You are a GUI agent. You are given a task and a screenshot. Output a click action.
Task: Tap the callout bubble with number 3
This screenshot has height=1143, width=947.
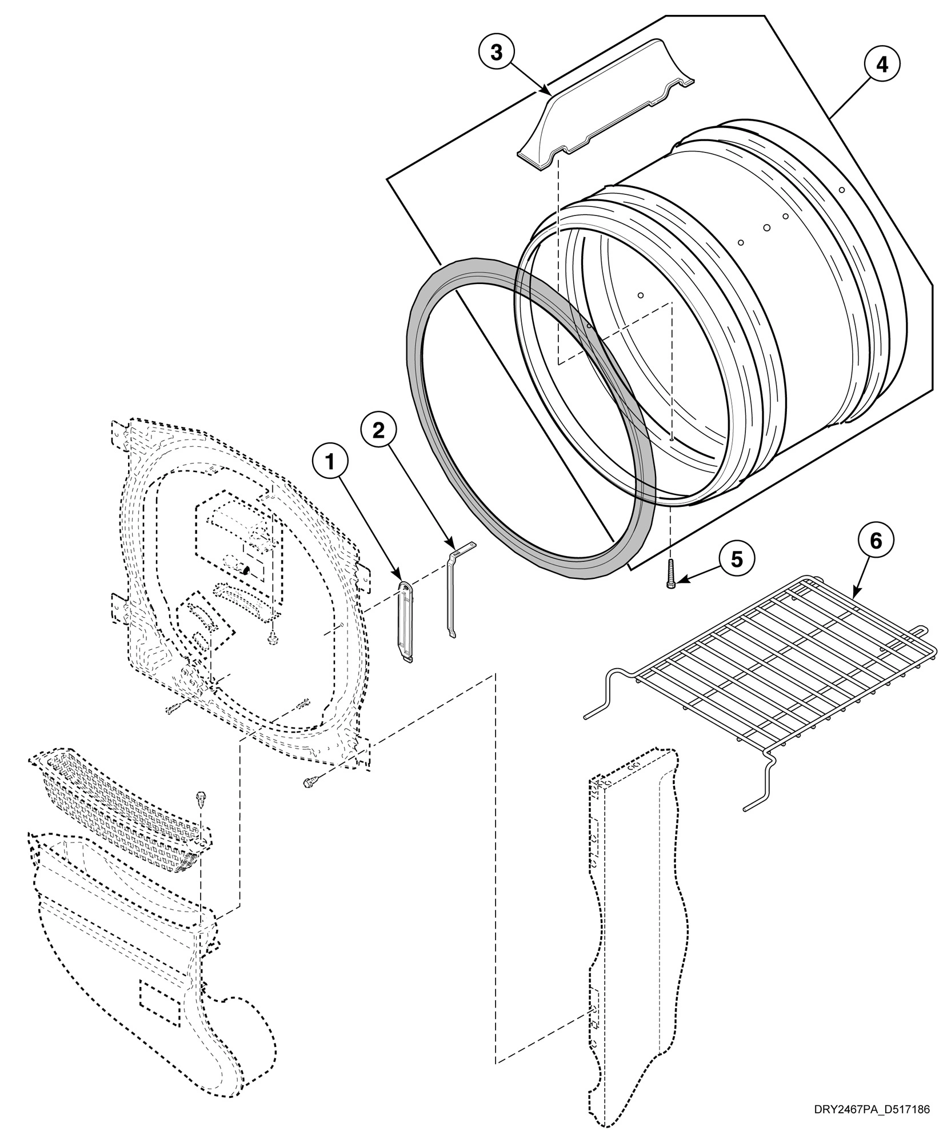(x=496, y=52)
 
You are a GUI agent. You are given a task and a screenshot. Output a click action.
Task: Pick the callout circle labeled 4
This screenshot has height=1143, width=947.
(x=881, y=64)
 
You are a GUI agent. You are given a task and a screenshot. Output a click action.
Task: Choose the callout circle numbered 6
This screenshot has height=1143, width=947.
(x=875, y=541)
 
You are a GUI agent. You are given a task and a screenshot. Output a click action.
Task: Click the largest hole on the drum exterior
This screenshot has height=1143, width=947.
(x=767, y=227)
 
